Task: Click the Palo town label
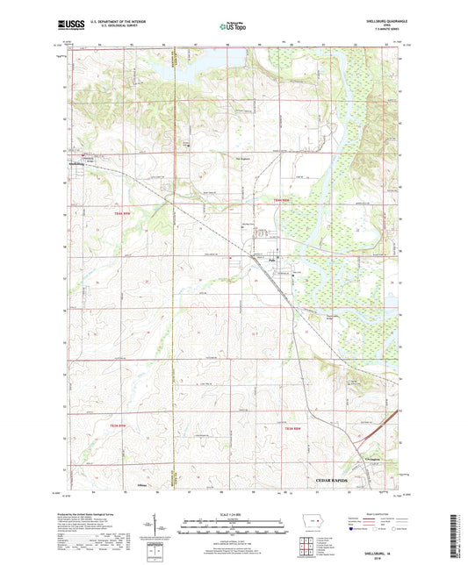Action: pos(272,259)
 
